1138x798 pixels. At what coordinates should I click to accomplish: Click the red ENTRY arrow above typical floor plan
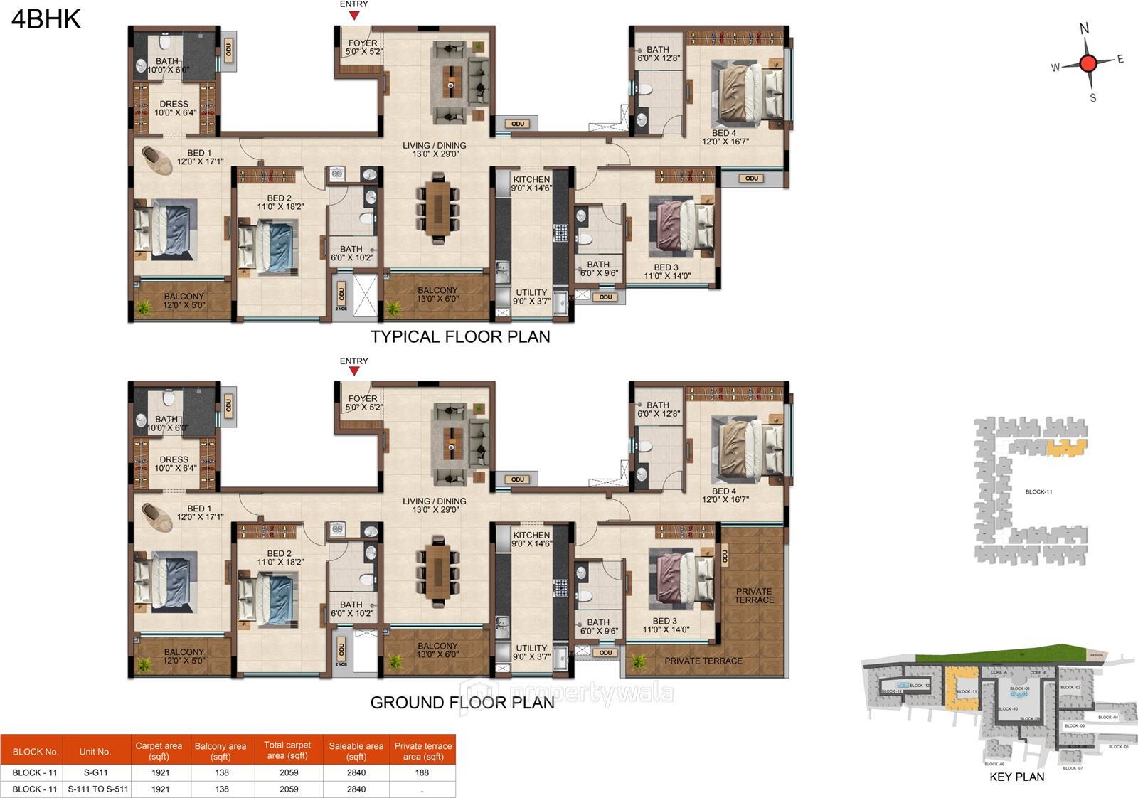(x=354, y=15)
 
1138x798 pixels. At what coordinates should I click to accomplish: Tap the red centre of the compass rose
(x=1088, y=63)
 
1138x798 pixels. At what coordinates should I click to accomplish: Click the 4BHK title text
(x=46, y=19)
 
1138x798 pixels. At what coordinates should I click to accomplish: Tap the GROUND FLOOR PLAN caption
(x=462, y=703)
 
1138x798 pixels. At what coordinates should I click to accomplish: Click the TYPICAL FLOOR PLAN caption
(x=460, y=336)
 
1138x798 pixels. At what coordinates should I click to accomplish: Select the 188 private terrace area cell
(x=422, y=772)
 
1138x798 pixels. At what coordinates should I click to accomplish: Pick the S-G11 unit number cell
(x=95, y=772)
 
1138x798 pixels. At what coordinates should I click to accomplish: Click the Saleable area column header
(x=356, y=750)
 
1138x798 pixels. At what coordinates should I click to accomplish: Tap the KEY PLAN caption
(x=1016, y=777)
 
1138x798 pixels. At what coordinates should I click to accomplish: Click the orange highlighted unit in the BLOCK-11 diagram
(x=1065, y=448)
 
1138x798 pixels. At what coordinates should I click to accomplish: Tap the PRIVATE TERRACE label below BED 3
(x=703, y=661)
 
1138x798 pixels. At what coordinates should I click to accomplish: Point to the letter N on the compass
(x=1084, y=28)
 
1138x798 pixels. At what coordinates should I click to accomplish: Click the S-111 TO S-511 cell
(x=98, y=789)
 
